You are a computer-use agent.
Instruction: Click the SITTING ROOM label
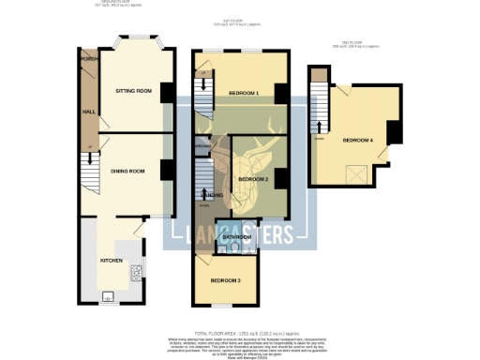134,91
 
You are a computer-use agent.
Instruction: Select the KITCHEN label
112,260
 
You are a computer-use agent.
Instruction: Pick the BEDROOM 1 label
244,93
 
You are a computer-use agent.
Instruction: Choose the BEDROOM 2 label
253,178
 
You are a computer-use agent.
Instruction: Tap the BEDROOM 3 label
225,280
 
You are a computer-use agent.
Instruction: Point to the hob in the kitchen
137,273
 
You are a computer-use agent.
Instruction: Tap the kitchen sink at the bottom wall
107,297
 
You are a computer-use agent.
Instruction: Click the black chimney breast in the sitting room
166,92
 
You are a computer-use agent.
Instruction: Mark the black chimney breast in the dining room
166,171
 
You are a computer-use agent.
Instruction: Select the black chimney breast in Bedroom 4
395,132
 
